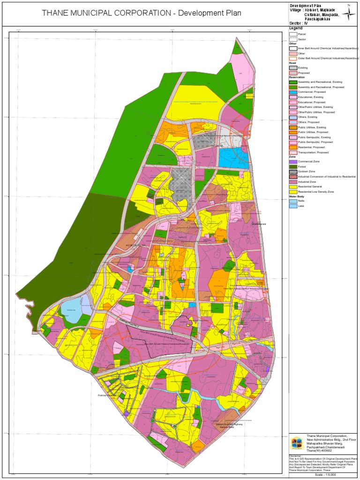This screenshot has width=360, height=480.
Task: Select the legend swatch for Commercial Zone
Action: point(293,161)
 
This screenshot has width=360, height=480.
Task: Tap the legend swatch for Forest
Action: point(293,166)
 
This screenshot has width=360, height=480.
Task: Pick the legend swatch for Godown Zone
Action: point(293,172)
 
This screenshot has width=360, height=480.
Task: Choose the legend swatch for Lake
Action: point(293,206)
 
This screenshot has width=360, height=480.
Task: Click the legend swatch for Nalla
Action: point(293,201)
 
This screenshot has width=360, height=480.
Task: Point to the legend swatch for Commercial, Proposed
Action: point(293,92)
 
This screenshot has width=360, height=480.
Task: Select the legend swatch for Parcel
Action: point(293,34)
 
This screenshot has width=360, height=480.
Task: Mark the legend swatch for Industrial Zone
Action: point(293,181)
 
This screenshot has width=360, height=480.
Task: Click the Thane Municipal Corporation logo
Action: point(297,443)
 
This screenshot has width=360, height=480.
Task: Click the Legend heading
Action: point(295,28)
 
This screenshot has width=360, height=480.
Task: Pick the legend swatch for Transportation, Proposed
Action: point(293,152)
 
